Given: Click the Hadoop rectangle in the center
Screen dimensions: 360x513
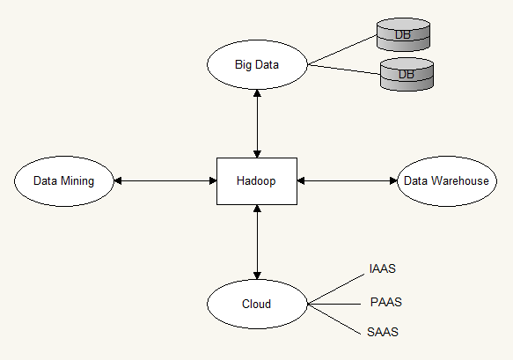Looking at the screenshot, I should (256, 181).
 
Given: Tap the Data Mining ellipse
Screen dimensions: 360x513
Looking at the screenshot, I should (63, 181).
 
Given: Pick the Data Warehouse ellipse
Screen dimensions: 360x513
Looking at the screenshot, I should (446, 181).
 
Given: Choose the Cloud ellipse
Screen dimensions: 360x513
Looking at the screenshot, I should (256, 305).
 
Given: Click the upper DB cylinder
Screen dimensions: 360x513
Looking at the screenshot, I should (403, 34).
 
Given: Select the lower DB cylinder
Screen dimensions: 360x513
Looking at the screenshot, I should (407, 75).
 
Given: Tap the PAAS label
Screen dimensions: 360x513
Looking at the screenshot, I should (385, 303).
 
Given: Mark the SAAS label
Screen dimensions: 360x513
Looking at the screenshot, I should (382, 333).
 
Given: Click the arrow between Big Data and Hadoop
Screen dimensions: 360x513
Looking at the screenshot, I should (256, 122).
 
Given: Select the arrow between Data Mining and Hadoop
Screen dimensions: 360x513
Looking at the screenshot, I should (165, 181).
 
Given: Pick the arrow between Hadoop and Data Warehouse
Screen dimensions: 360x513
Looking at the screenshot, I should (348, 181).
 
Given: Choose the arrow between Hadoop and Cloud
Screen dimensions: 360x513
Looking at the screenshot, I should (256, 242).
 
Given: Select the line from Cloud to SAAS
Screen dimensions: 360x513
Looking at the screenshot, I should (335, 319).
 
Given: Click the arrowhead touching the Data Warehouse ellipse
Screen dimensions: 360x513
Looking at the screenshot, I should (392, 181).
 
